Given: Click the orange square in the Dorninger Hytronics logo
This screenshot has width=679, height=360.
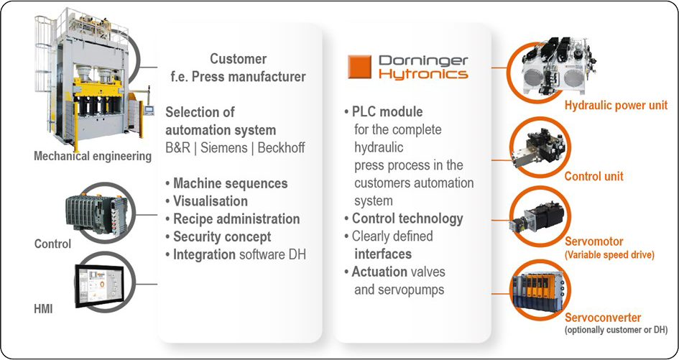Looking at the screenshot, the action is point(359,67).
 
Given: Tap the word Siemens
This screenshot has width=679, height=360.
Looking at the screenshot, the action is point(225,148).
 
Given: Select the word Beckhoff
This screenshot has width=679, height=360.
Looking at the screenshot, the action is point(281,148).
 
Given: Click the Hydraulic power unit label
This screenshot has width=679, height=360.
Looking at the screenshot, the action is point(616,106).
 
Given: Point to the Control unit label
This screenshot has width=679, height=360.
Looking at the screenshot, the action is point(593,176).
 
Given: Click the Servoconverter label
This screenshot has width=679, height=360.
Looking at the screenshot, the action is point(603,318).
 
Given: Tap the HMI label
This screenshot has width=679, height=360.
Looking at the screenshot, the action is point(43,309).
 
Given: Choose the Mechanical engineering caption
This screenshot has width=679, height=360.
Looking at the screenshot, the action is point(93,156).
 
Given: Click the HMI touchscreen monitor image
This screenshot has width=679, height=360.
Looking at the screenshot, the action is point(99,285).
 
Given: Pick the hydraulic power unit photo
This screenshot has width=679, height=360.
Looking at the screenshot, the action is point(558,65).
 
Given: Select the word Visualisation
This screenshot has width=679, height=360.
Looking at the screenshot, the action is point(211,201).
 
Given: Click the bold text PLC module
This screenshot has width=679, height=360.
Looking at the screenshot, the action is point(387,112).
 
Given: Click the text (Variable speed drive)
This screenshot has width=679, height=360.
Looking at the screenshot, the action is point(609,254).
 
